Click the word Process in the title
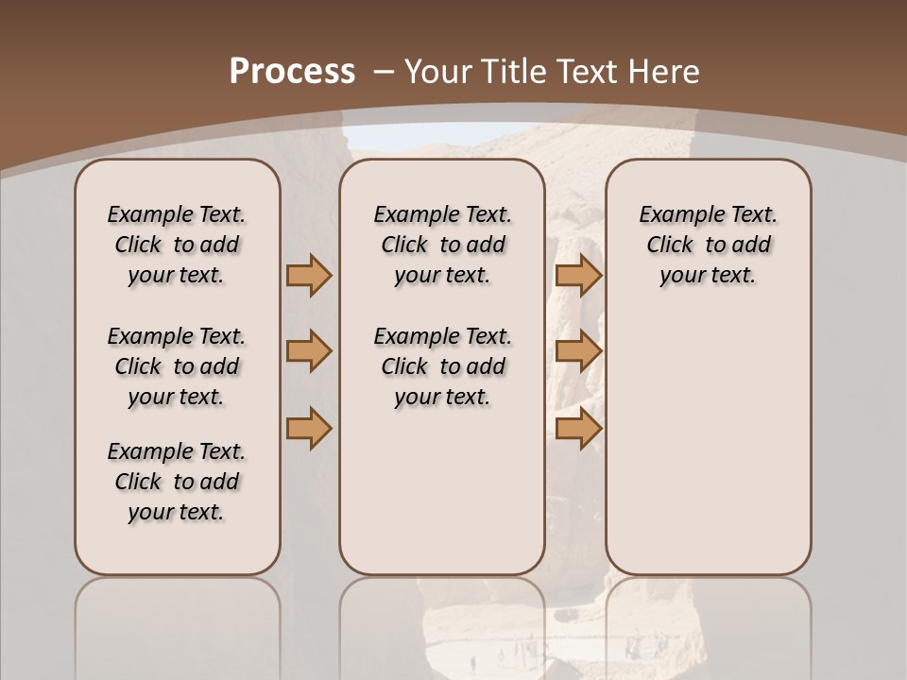[x=292, y=71]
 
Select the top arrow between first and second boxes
[x=309, y=276]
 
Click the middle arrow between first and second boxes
[x=309, y=351]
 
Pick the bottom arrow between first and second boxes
[x=309, y=428]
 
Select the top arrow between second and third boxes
[x=578, y=276]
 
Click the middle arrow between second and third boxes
[x=578, y=351]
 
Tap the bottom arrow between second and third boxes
[x=578, y=428]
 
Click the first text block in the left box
[x=177, y=245]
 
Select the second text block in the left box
[x=177, y=366]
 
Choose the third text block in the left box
[x=177, y=482]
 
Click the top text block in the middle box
[x=442, y=245]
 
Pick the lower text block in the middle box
[x=442, y=366]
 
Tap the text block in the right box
[x=708, y=245]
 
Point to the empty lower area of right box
[x=708, y=434]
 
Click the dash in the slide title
[x=383, y=71]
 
